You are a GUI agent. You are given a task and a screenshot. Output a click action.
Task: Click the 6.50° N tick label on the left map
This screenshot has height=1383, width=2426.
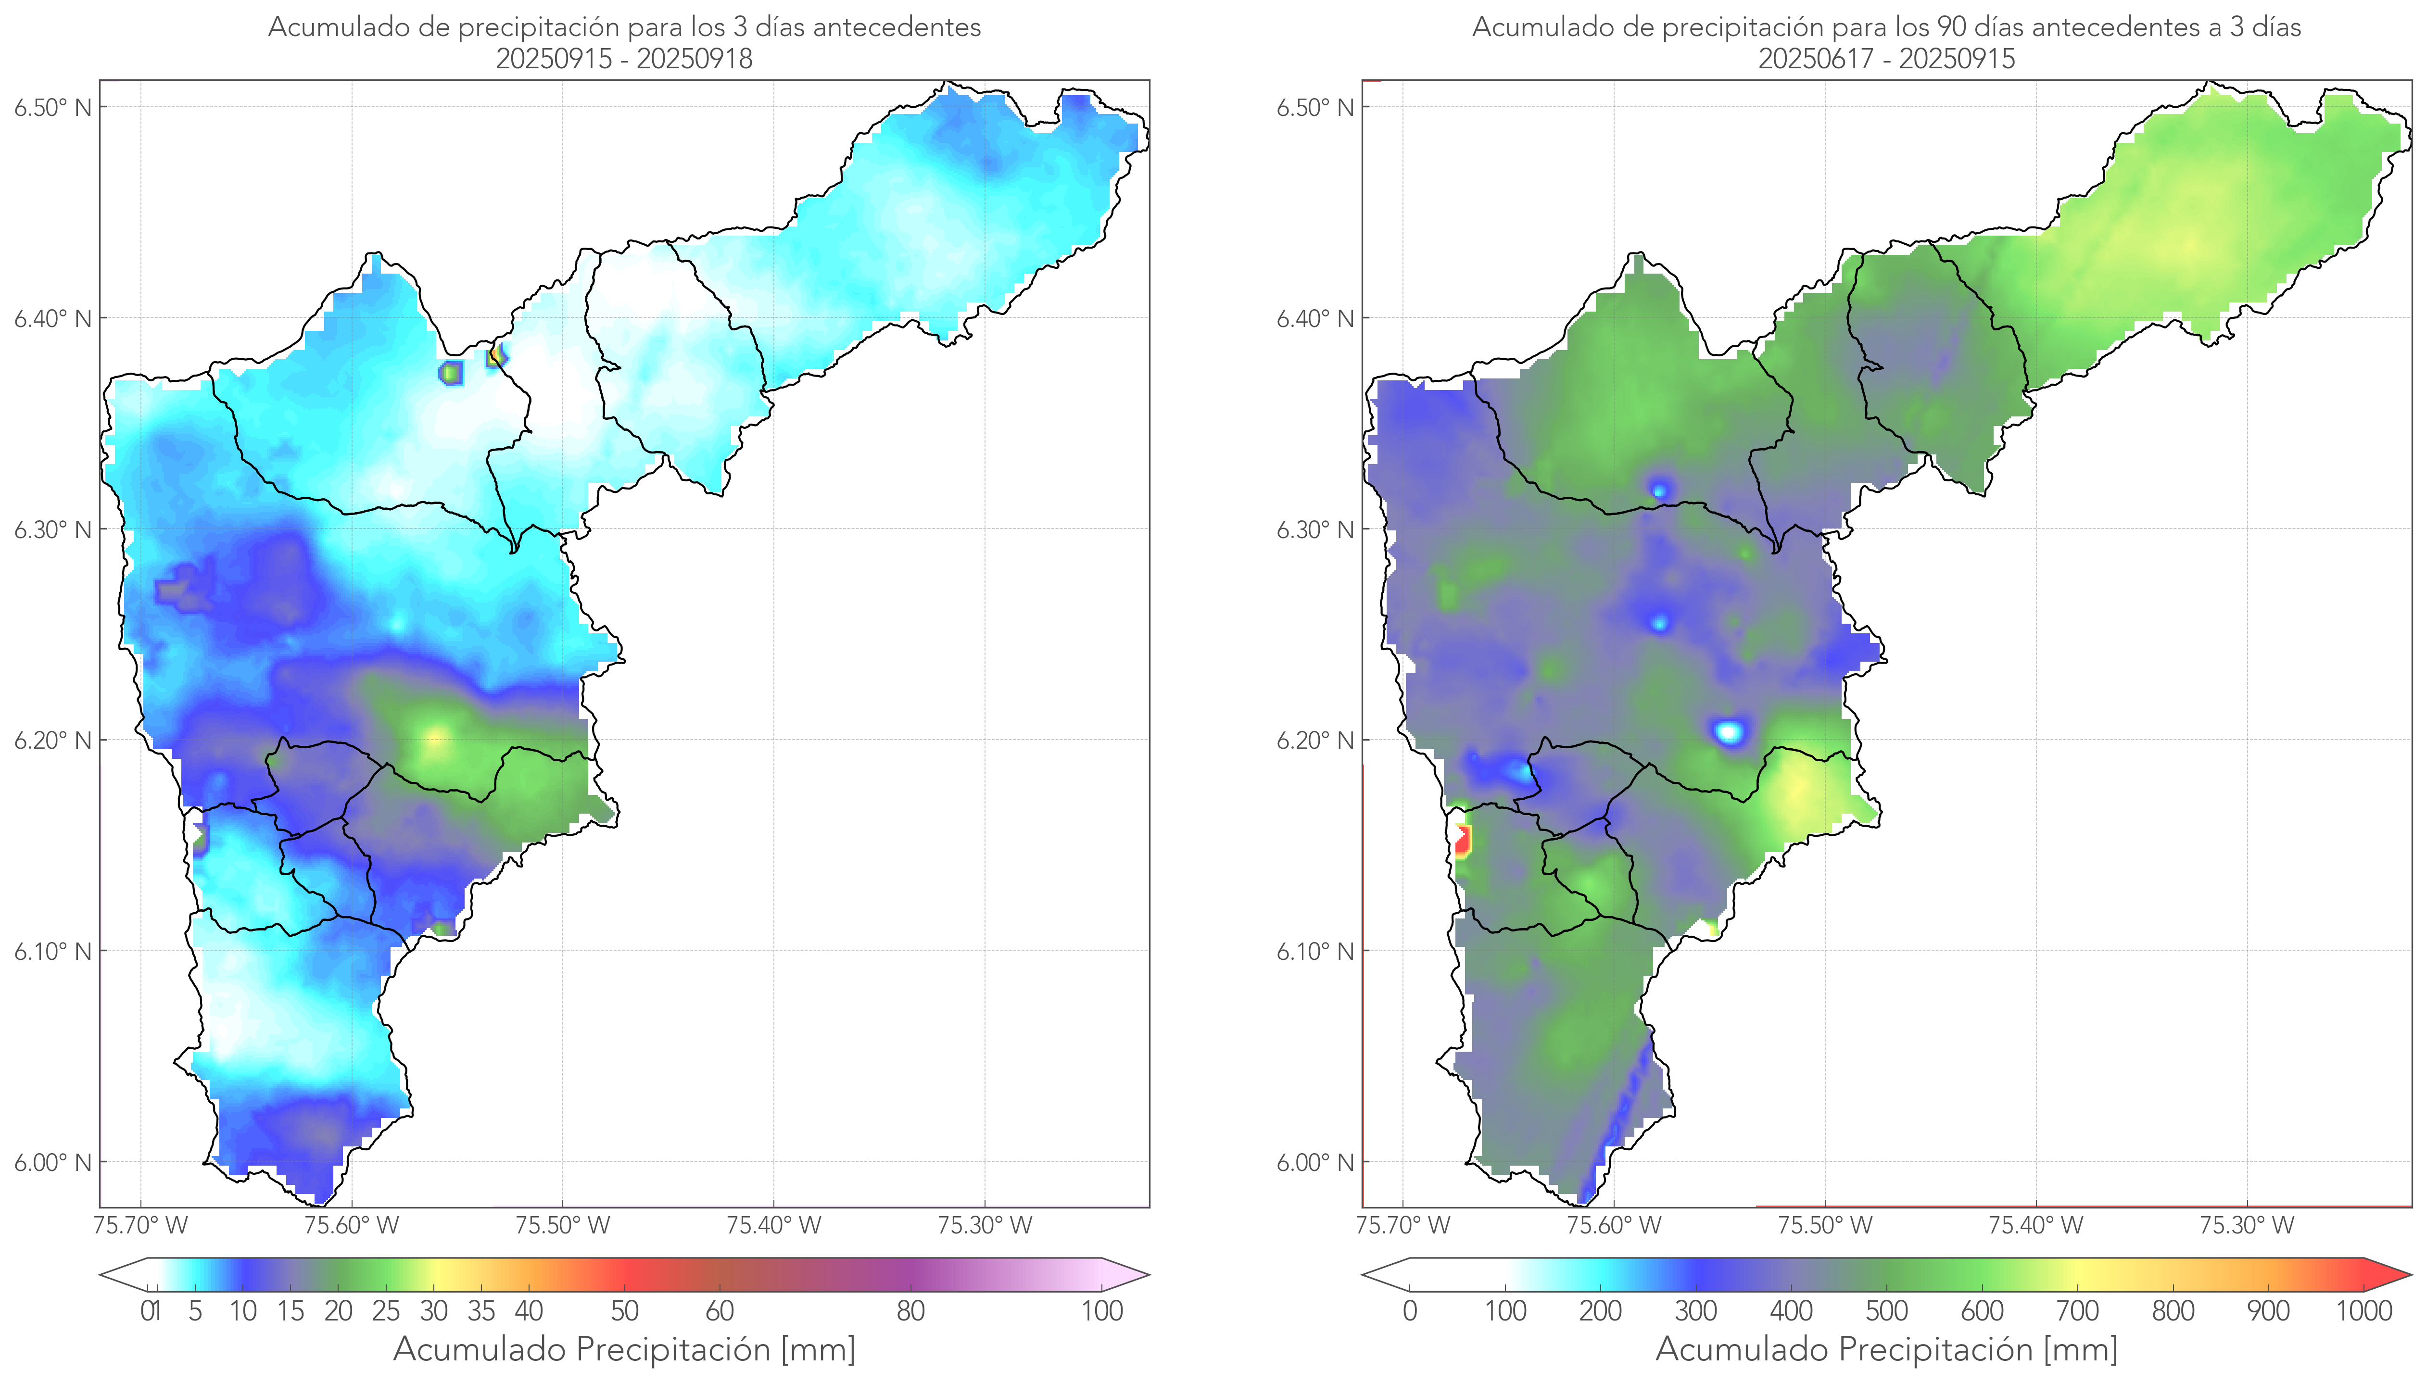pyautogui.click(x=53, y=107)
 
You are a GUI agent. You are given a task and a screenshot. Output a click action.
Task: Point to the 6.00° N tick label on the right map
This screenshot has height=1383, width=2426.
pyautogui.click(x=1315, y=1163)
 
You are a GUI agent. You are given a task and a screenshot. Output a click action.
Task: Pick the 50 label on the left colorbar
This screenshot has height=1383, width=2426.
pyautogui.click(x=624, y=1311)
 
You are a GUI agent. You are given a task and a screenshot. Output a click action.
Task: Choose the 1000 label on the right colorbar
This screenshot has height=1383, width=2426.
pyautogui.click(x=2363, y=1311)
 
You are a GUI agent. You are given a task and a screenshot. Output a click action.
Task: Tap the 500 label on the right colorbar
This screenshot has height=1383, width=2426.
pyautogui.click(x=1886, y=1311)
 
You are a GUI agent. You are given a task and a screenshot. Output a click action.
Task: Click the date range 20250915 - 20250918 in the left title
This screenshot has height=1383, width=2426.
pyautogui.click(x=624, y=59)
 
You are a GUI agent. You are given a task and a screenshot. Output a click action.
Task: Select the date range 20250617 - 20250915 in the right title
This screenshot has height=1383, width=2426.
pyautogui.click(x=1886, y=59)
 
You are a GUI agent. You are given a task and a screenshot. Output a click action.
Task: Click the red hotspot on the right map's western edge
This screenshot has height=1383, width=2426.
pyautogui.click(x=1463, y=840)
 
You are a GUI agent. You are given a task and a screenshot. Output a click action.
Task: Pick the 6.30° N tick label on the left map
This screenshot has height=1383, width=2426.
pyautogui.click(x=53, y=530)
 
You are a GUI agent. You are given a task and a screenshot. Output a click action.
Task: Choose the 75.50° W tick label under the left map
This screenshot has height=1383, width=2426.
pyautogui.click(x=562, y=1225)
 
